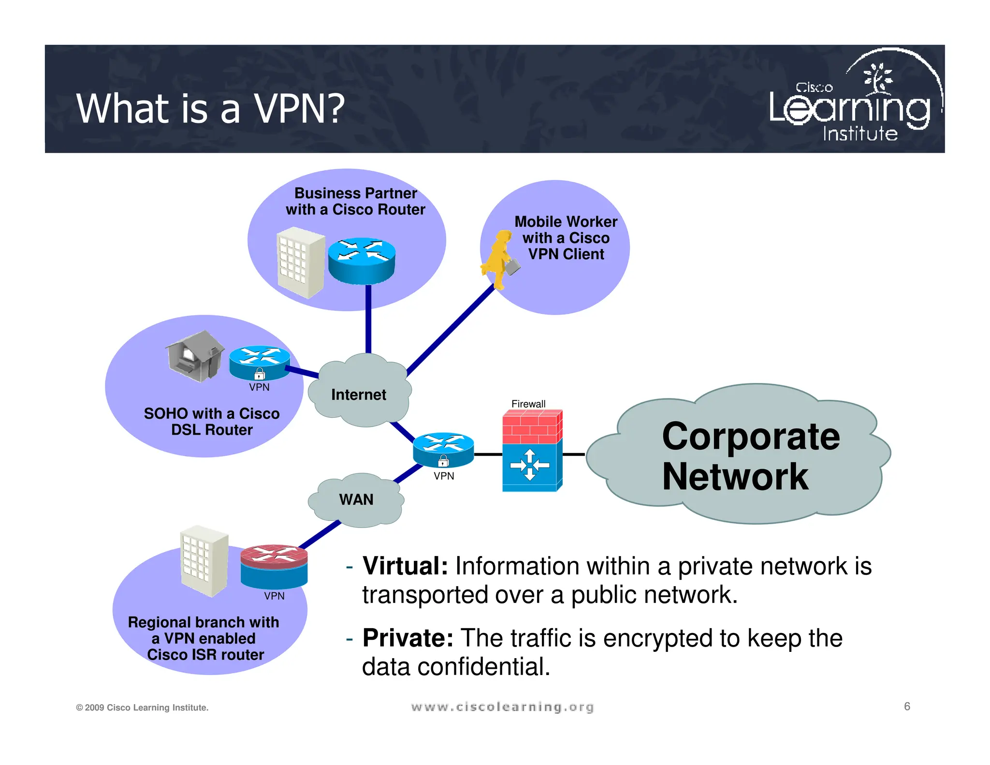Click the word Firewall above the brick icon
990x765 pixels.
[x=528, y=404]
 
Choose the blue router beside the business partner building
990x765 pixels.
[x=362, y=261]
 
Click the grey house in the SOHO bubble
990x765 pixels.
[x=194, y=356]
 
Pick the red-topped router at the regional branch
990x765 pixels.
[x=274, y=565]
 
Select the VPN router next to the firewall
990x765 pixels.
[x=443, y=449]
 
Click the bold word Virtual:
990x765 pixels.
[x=405, y=566]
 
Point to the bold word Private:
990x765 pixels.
[x=408, y=638]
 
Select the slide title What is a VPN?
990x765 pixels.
[x=210, y=108]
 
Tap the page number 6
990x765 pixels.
[x=907, y=706]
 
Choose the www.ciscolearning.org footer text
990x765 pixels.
[x=502, y=707]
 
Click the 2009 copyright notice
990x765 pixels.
[x=142, y=707]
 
